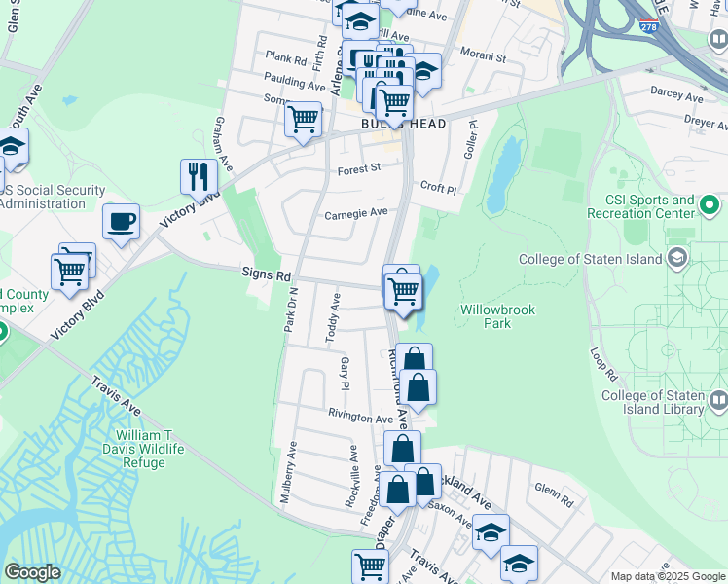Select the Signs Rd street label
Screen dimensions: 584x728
[x=267, y=276]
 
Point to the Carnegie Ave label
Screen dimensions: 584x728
[x=355, y=213]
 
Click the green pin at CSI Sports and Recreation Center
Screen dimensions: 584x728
[x=710, y=205]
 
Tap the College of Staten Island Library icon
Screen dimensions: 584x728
[x=718, y=400]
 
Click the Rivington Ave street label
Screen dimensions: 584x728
[x=360, y=419]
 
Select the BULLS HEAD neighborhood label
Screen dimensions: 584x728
[x=403, y=125]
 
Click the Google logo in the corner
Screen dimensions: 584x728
[x=32, y=572]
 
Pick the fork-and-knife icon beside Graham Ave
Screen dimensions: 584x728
[x=199, y=176]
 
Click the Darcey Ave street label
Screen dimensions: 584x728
[x=676, y=98]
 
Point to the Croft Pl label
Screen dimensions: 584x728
[x=438, y=186]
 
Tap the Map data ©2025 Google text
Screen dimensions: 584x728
[x=667, y=576]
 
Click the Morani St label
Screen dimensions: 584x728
[x=484, y=56]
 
